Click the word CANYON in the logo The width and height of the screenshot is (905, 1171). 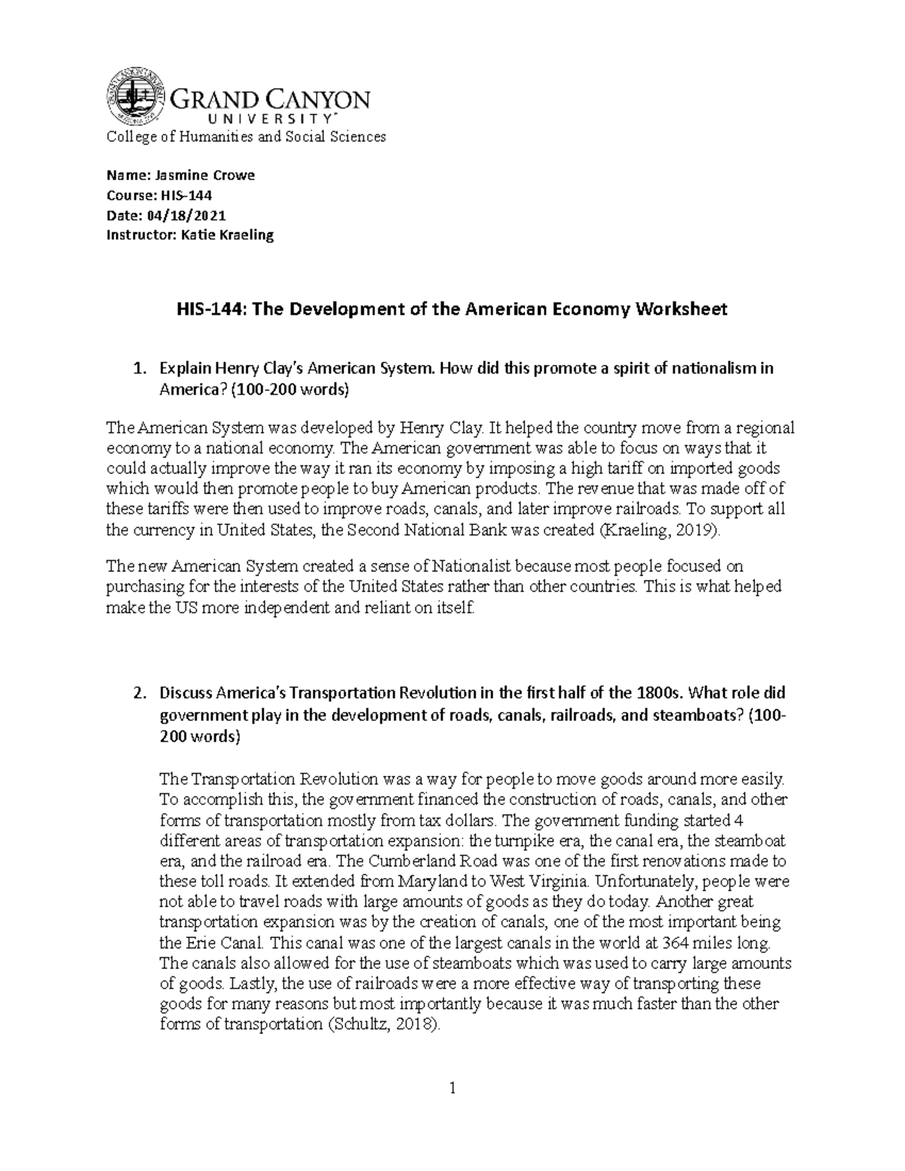313,100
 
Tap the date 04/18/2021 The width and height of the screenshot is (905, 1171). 189,215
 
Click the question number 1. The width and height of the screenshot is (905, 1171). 137,369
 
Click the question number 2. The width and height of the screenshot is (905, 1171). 137,694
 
